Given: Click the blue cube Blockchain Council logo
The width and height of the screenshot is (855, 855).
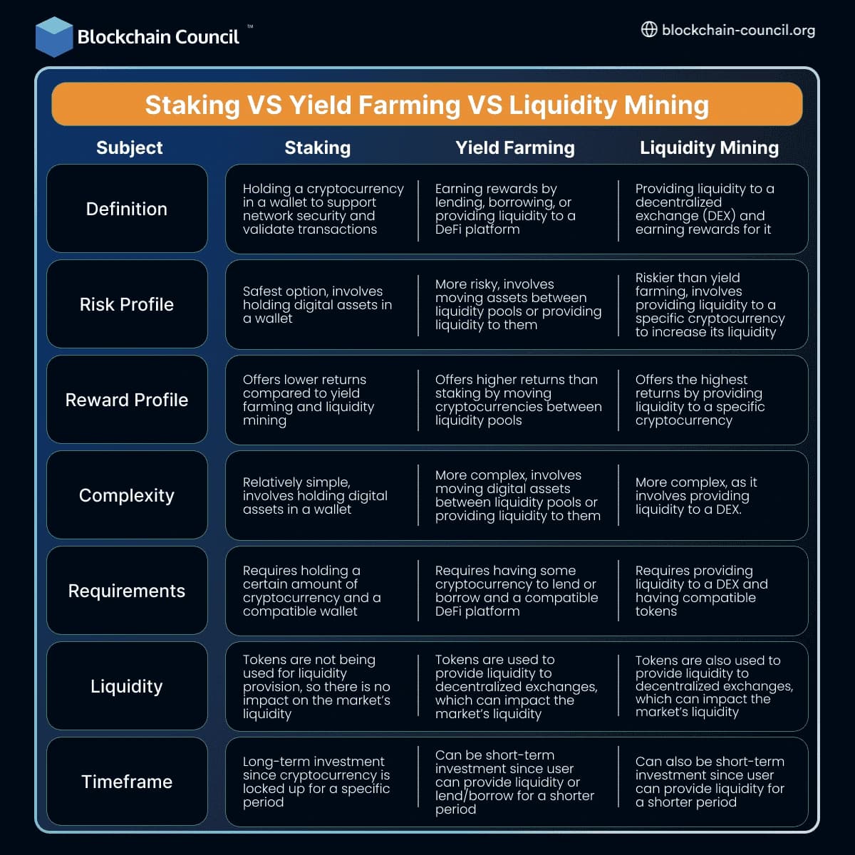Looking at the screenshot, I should point(54,36).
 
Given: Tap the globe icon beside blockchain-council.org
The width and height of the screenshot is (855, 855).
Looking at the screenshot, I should point(648,30).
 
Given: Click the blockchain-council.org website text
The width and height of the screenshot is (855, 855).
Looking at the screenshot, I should point(738,30).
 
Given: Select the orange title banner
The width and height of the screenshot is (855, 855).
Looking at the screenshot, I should point(427,105).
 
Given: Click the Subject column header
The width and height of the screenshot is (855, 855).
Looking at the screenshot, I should point(129,147).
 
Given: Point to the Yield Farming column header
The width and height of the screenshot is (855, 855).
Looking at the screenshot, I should point(514,147).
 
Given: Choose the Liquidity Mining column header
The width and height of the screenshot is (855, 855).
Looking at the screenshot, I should point(709,147).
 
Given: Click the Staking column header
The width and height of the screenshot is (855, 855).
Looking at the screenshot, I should point(317,147).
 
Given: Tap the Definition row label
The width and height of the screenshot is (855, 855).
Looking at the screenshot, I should point(127,209).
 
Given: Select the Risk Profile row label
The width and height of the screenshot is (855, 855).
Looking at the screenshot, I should point(127,304).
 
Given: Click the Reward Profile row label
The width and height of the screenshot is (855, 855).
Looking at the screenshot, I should point(127,400).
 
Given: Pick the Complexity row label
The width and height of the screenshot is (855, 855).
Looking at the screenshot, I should point(127,495).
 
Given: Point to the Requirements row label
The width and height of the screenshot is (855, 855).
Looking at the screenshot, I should point(127,591).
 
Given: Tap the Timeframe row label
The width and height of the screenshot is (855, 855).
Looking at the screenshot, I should point(127,782).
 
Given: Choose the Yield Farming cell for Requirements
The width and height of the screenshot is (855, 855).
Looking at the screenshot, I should point(517,591).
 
